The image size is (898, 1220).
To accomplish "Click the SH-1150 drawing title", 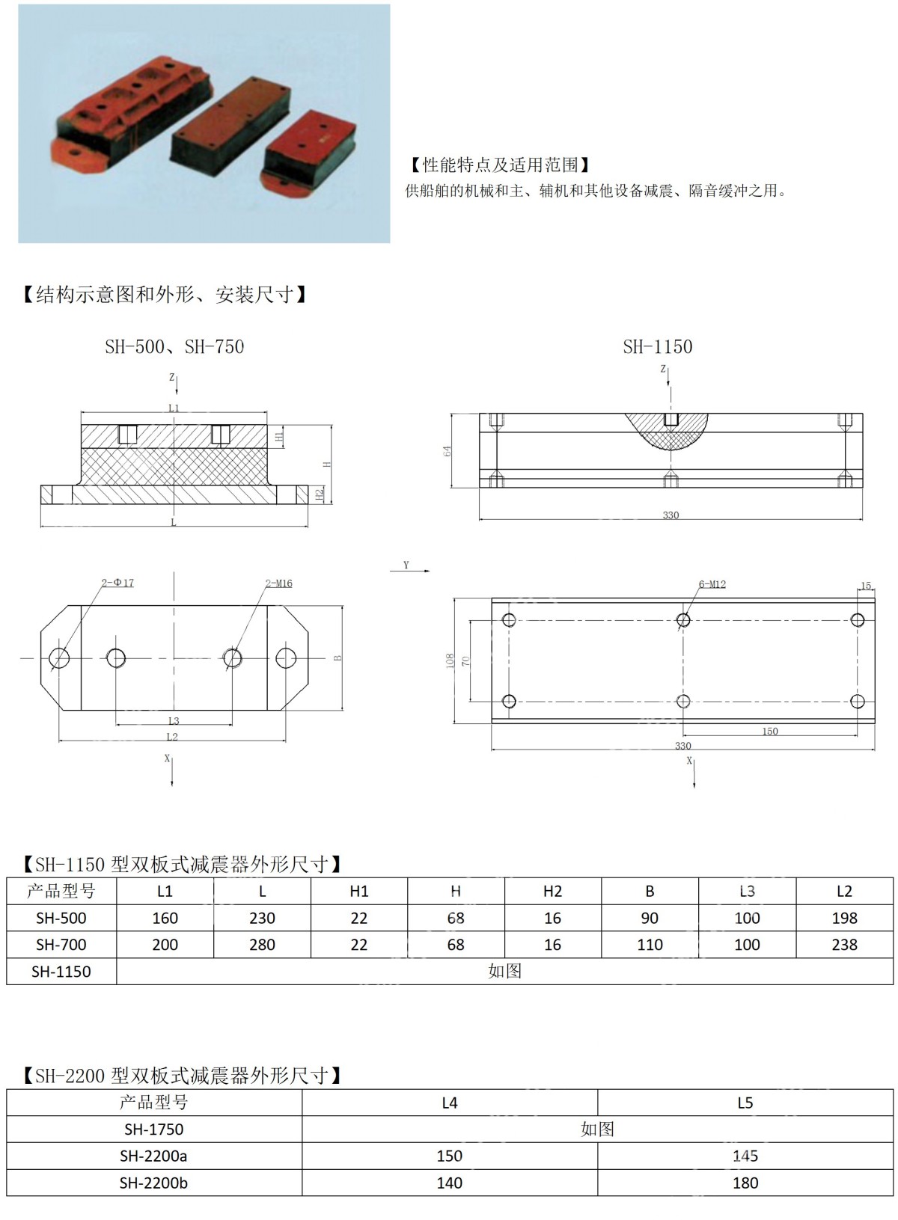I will point(657,347).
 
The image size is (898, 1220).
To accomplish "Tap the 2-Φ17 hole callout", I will point(117,583).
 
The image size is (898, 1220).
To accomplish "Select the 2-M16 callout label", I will point(278,583).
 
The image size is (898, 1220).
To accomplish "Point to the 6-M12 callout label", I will point(712,584).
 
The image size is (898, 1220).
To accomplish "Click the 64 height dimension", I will point(448,451).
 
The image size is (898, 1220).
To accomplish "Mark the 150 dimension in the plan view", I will point(769,731).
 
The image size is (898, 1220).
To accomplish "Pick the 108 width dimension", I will point(450,660).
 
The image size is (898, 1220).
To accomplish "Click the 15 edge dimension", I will point(866,586).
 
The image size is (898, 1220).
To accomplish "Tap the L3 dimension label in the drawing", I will point(173,721).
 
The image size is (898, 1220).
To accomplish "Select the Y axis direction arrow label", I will point(406,565).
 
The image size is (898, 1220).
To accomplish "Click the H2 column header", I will point(552,891).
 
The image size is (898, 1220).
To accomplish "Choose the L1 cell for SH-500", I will point(165,918).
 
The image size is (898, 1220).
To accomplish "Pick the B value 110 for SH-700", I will point(650,945).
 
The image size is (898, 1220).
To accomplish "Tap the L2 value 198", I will point(844,918).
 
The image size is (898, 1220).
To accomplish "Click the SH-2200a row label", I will point(153,1156).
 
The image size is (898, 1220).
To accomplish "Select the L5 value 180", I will point(745,1183).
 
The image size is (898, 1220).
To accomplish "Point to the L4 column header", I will point(450,1103).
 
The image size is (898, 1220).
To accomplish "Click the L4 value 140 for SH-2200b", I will point(450,1183).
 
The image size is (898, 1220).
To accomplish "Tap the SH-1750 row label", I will point(153,1129).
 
